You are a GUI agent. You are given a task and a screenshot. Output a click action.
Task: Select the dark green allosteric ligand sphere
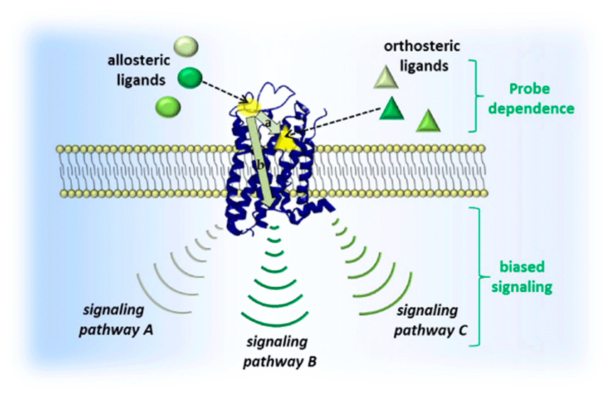point(190,78)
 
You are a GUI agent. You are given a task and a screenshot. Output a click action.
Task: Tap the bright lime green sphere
point(168,107)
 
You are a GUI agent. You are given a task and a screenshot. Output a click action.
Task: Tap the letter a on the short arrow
point(268,124)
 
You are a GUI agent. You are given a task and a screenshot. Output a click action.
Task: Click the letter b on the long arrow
point(260,166)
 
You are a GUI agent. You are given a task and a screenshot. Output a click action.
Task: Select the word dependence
point(531,109)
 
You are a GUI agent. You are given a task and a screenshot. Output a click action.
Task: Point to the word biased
point(522,267)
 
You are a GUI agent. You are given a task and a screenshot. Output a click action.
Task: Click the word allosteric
point(139,61)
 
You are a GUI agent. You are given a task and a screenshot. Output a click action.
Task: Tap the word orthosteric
point(422,46)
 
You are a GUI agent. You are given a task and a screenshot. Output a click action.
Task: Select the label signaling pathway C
point(430,320)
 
